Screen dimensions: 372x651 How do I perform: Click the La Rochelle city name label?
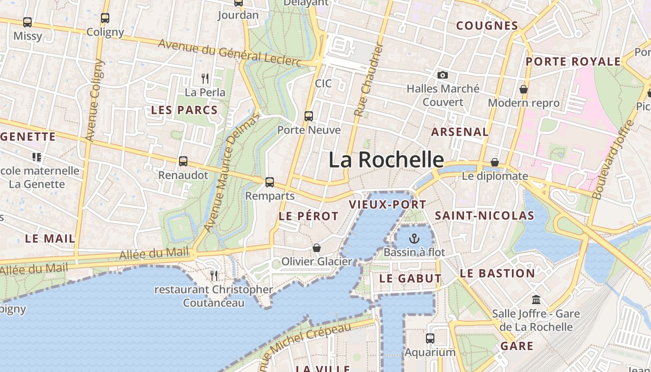386,159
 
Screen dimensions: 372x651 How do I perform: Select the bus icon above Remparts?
270,182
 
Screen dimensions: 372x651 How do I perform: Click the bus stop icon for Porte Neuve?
309,116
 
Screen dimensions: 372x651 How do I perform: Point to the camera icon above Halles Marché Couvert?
443,75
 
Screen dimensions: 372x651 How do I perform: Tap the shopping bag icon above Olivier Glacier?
317,248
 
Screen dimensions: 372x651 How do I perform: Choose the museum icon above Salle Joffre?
536,300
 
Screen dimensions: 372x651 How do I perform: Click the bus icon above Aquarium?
430,339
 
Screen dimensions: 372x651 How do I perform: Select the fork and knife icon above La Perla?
205,78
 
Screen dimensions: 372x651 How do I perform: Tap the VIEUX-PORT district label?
387,205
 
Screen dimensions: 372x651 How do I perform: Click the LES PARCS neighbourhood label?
185,110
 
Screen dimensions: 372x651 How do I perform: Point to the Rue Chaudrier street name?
368,80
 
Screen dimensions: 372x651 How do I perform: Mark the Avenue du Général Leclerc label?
230,53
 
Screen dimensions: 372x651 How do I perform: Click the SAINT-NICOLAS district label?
485,216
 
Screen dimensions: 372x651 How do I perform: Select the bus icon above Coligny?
105,18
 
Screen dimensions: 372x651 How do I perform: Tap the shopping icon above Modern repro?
524,89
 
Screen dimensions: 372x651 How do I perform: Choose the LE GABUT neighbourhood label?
410,279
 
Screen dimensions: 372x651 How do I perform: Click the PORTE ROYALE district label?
573,62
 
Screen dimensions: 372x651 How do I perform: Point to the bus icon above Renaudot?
183,161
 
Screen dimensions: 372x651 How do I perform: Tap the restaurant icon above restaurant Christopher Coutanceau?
214,276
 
